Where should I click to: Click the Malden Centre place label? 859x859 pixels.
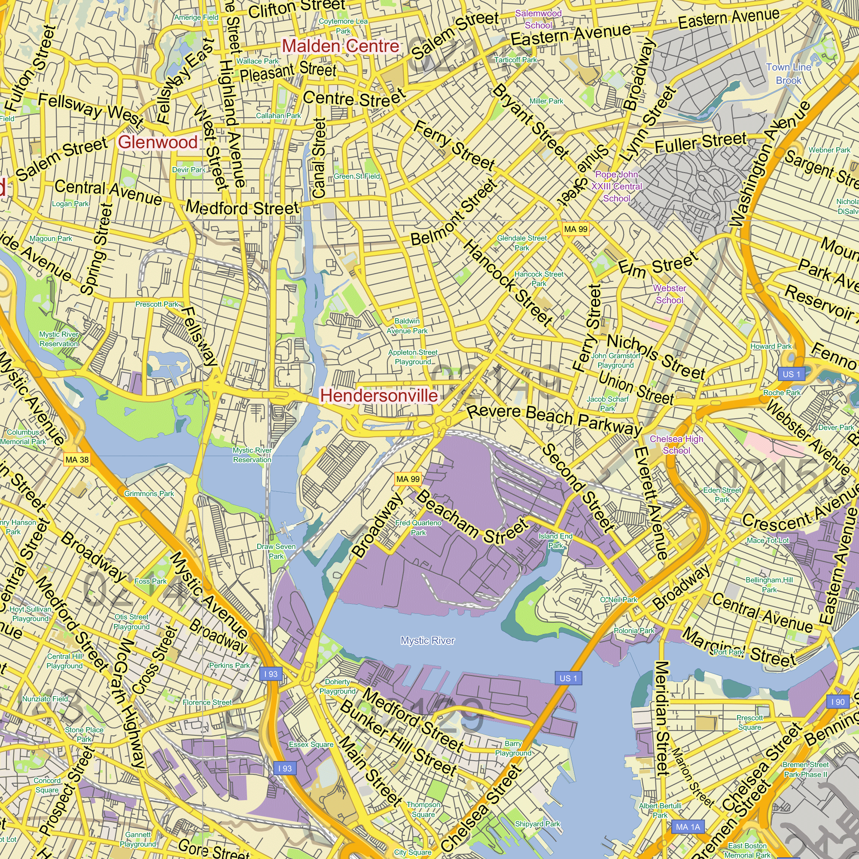pos(341,46)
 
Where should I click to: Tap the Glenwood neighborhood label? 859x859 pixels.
pos(158,142)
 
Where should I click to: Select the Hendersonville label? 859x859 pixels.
pos(379,395)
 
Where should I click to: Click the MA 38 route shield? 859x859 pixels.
pos(77,460)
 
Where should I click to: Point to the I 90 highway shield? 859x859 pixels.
pos(837,702)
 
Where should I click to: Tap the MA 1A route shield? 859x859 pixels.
pos(688,827)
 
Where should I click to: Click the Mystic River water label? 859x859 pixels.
pos(427,641)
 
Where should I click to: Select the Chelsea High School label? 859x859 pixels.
pos(676,445)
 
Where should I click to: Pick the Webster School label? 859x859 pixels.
pos(670,294)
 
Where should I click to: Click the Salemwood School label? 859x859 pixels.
pos(538,19)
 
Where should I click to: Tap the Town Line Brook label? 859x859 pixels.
pos(789,74)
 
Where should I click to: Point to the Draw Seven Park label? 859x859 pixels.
pos(276,551)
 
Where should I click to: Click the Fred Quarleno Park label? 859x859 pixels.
pos(418,528)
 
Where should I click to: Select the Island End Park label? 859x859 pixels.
pos(555,541)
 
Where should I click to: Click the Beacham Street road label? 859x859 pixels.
pos(472,517)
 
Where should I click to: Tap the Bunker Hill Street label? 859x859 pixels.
pos(399,738)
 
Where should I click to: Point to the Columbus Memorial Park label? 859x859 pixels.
pos(23,437)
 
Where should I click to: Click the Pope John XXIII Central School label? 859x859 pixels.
pos(616,187)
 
